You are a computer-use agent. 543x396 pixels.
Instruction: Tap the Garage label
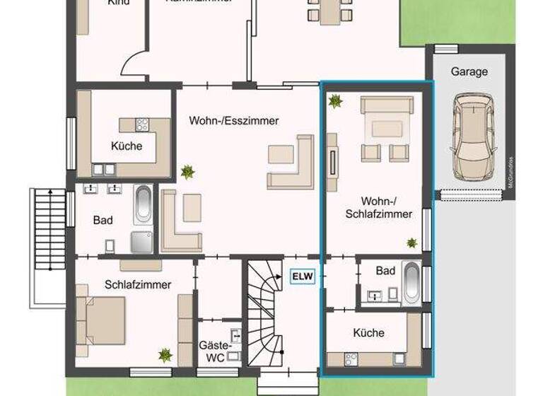(x=469, y=71)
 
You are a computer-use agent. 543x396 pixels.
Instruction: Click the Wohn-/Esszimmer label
(x=233, y=121)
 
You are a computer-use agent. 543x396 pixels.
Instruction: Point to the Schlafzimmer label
(x=138, y=284)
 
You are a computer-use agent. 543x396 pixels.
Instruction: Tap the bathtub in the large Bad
(x=144, y=204)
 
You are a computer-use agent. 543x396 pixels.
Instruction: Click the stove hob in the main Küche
(x=142, y=125)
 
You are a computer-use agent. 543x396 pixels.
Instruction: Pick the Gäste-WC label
(x=215, y=351)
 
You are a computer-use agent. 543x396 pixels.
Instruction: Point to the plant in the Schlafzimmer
(x=165, y=354)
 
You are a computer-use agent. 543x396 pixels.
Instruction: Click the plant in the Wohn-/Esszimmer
(x=187, y=171)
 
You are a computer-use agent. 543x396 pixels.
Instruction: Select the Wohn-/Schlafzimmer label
(x=385, y=207)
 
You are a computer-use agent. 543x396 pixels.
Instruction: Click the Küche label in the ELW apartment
(x=369, y=332)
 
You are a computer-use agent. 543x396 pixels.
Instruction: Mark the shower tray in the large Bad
(x=141, y=241)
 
